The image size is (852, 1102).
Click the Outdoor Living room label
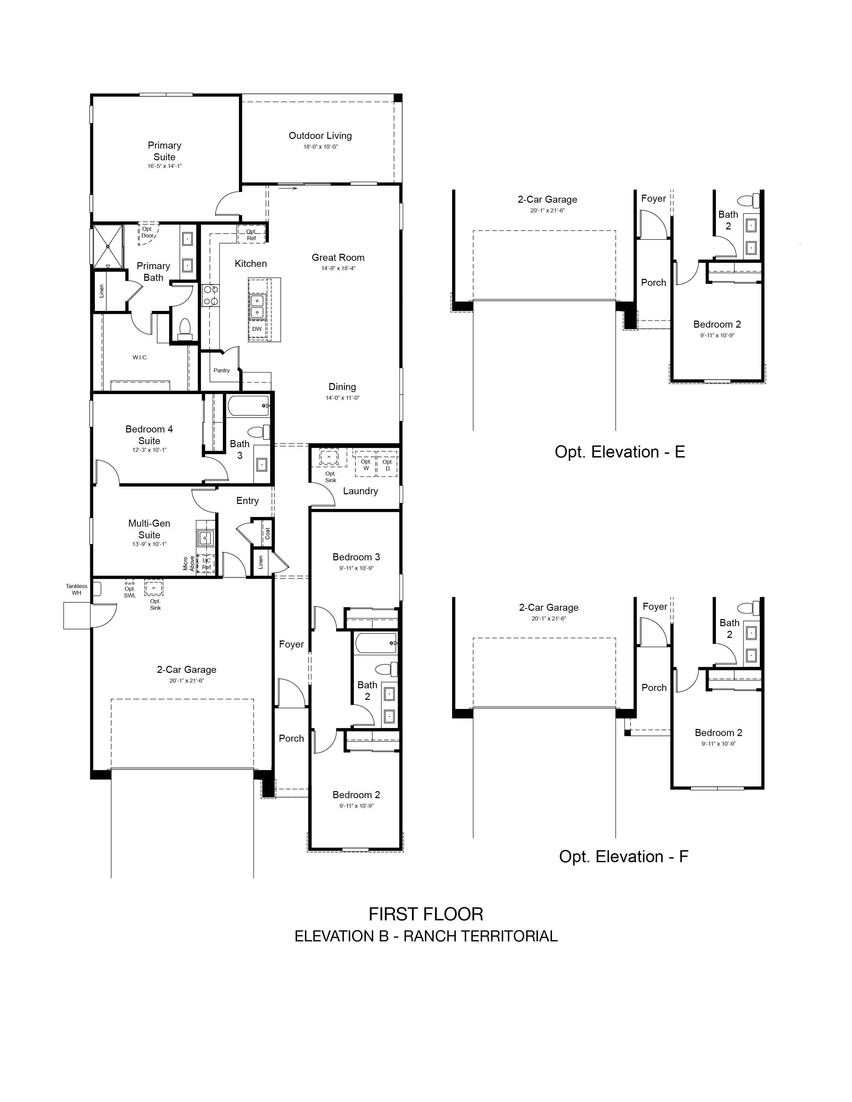(x=320, y=135)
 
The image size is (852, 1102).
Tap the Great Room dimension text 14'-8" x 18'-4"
(x=338, y=268)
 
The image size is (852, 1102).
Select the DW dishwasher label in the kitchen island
(x=257, y=329)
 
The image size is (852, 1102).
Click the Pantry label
(x=222, y=370)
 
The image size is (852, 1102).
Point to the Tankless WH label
(x=76, y=589)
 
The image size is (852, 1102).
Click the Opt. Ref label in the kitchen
(x=251, y=235)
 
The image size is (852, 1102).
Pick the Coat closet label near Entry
(x=268, y=533)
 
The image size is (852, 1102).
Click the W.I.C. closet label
(x=140, y=357)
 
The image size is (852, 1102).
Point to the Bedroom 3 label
(x=357, y=557)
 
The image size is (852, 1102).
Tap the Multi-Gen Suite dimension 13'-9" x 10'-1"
(x=149, y=544)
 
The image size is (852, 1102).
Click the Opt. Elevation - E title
(x=620, y=451)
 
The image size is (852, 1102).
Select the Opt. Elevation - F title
(x=623, y=856)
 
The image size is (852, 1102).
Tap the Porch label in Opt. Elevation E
(x=654, y=283)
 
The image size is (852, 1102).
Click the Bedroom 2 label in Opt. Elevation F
(x=719, y=733)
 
